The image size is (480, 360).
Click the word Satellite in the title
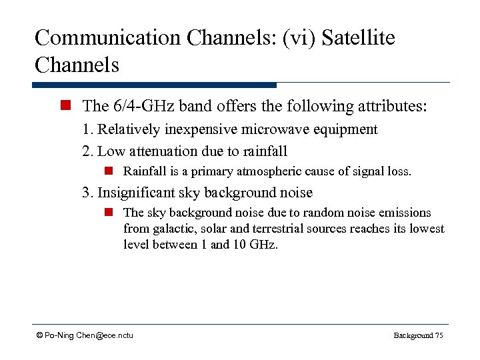(x=358, y=37)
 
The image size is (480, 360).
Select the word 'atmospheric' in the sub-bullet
(x=259, y=171)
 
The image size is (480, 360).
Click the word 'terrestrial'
(x=287, y=229)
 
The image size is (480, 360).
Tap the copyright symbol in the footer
(x=39, y=335)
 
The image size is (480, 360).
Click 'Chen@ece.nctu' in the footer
(x=104, y=335)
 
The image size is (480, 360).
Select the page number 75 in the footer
(x=439, y=335)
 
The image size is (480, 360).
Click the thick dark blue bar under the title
(x=154, y=85)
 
